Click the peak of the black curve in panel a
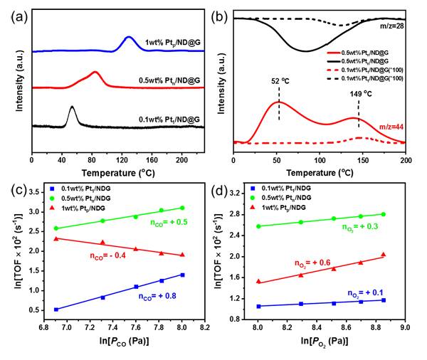click(72, 107)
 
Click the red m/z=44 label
click(389, 126)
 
